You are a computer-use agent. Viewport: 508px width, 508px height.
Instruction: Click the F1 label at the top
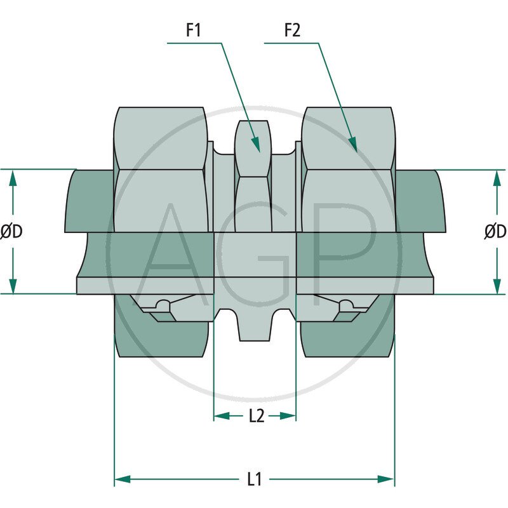pyautogui.click(x=194, y=30)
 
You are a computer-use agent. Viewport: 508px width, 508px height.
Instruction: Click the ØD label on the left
pyautogui.click(x=11, y=232)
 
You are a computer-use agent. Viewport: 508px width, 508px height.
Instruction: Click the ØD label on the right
pyautogui.click(x=495, y=232)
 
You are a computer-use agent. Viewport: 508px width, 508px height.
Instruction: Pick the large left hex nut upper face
pyautogui.click(x=160, y=137)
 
